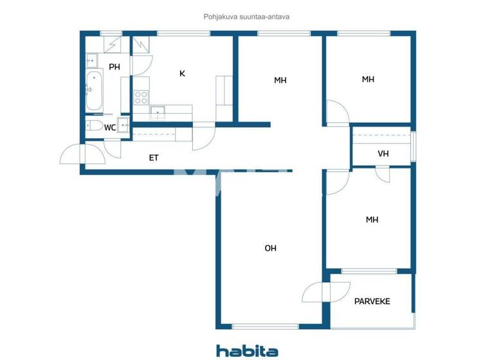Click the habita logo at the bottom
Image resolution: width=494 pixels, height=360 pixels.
click(247, 350)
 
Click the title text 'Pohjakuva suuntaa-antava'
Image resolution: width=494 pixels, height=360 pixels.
click(247, 17)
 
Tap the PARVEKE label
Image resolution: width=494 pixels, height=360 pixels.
click(372, 301)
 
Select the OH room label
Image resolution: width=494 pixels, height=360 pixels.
click(271, 248)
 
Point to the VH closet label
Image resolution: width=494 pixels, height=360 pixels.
click(383, 154)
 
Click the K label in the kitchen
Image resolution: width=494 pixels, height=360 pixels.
click(182, 73)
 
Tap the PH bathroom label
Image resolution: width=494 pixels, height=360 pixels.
click(114, 67)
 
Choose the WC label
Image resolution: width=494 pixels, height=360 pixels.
click(110, 127)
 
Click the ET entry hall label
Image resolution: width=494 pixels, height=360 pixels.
click(154, 157)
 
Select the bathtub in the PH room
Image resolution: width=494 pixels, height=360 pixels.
click(94, 91)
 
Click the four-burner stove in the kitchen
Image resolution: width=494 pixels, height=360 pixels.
click(141, 98)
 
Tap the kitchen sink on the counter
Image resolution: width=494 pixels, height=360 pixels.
click(158, 112)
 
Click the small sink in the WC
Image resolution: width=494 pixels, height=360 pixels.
click(122, 125)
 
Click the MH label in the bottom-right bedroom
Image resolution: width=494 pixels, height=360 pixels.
click(372, 220)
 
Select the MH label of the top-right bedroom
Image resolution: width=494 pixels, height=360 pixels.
click(368, 80)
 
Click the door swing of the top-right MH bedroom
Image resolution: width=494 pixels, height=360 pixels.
click(337, 112)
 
